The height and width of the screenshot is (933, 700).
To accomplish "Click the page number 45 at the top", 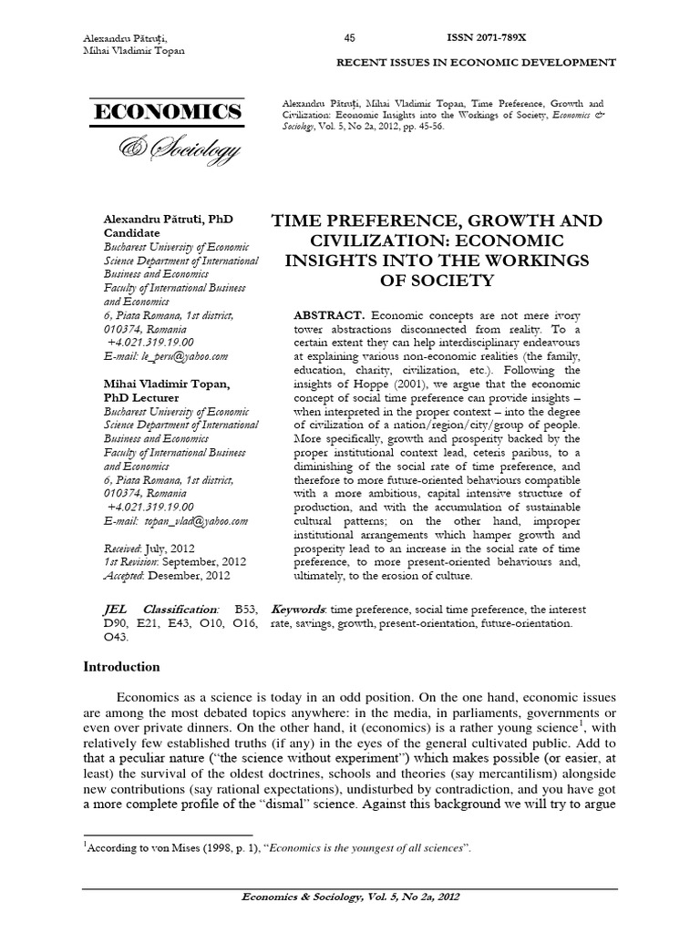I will point(349,37).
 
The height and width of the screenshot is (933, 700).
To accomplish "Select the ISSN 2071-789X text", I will point(486,37).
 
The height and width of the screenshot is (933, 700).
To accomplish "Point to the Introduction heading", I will point(121,667).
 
